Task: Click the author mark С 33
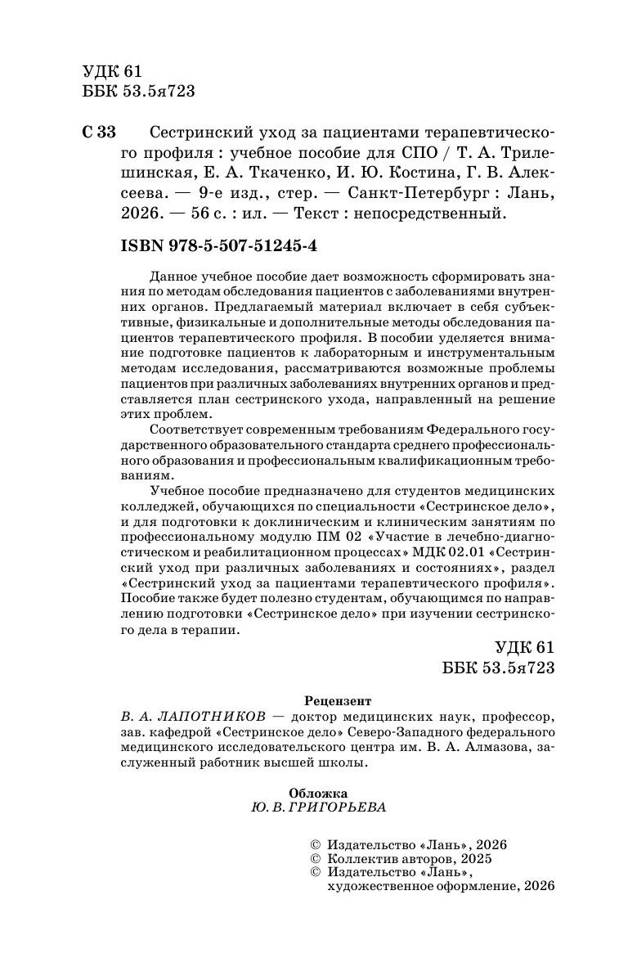click(x=100, y=133)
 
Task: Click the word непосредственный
click(x=442, y=215)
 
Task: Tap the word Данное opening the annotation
click(x=174, y=277)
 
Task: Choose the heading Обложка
click(x=319, y=793)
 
